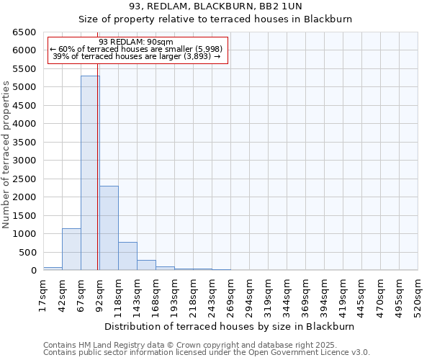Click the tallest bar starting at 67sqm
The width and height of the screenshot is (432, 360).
click(x=90, y=173)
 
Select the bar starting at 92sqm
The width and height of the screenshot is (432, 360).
click(x=109, y=228)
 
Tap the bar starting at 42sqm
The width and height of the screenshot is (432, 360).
click(x=71, y=249)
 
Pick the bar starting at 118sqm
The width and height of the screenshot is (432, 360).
click(x=127, y=256)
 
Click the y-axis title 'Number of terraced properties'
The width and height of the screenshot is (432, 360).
click(x=7, y=155)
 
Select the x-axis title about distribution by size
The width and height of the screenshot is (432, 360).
click(x=230, y=326)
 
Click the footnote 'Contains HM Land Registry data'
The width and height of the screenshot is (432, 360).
click(x=194, y=345)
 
